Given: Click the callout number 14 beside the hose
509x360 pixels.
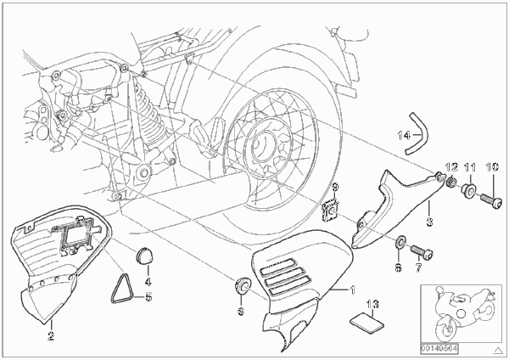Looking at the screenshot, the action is (x=404, y=135).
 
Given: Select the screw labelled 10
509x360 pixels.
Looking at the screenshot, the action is (x=489, y=200).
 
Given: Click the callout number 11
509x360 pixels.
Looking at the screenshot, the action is (x=470, y=167).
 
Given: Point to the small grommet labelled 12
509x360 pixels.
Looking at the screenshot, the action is (x=450, y=182).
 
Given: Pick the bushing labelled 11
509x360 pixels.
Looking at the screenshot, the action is (x=468, y=190).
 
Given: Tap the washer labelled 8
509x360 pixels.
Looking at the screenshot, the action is (x=400, y=242).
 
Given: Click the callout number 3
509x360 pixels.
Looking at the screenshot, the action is (x=429, y=222).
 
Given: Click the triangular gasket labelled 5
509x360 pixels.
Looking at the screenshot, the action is (x=122, y=289).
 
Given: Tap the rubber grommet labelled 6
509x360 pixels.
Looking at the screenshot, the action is (x=242, y=285).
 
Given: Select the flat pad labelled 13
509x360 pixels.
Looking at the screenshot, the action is (x=367, y=322).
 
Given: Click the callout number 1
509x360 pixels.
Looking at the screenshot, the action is (x=353, y=290).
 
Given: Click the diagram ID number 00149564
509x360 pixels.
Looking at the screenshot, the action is (x=439, y=349).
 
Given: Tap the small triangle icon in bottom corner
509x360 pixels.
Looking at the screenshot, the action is (x=497, y=351).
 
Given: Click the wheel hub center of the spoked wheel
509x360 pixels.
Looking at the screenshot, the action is (x=264, y=144).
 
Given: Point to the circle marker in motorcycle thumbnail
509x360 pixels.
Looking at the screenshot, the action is (x=461, y=313).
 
